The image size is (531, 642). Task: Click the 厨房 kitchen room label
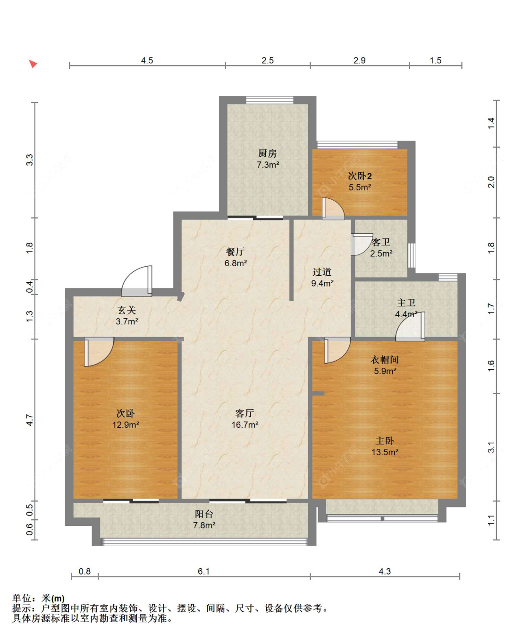click(x=267, y=153)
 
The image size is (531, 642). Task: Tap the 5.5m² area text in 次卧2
click(x=360, y=187)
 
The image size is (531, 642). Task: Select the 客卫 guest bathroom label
click(x=380, y=242)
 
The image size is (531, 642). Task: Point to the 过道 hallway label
click(x=321, y=272)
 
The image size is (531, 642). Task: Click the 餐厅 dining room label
click(x=235, y=252)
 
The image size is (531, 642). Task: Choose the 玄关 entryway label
click(x=126, y=310)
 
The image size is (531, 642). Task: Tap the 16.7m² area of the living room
click(x=245, y=425)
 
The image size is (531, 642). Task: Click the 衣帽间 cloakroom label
click(x=384, y=359)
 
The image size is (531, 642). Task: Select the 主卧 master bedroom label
click(x=384, y=440)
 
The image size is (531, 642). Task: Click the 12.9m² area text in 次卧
click(x=126, y=425)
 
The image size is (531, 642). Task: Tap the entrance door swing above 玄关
click(x=137, y=281)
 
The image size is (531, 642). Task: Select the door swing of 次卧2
click(x=333, y=209)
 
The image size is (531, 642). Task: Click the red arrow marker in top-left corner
click(x=33, y=64)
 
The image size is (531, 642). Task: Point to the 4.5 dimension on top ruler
click(x=147, y=60)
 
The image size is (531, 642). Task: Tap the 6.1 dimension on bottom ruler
click(x=203, y=571)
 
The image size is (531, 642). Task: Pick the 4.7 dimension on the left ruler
click(x=30, y=420)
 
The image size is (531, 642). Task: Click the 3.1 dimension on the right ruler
click(x=491, y=447)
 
